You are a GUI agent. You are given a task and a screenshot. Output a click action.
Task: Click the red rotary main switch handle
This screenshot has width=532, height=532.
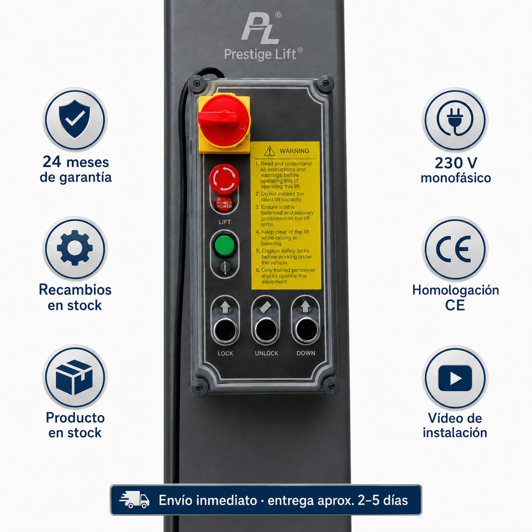[x=224, y=120]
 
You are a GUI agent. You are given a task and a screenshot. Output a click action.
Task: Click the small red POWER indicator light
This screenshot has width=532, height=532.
[x=224, y=204]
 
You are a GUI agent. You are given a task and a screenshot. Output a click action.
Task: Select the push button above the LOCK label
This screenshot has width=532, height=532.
[x=225, y=330]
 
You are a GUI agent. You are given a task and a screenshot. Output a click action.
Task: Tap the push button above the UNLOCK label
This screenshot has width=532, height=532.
[x=266, y=330]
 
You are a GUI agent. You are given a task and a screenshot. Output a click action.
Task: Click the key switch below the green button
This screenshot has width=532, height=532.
[x=225, y=267]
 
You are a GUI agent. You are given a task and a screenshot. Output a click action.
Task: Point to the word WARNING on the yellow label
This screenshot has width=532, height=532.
[x=294, y=151]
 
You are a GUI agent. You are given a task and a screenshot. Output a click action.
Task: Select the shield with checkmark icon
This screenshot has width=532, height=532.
[x=75, y=119]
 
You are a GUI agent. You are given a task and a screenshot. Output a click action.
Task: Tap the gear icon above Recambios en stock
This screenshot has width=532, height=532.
[x=75, y=248]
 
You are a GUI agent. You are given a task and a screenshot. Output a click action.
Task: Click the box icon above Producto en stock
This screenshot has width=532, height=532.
[x=74, y=378]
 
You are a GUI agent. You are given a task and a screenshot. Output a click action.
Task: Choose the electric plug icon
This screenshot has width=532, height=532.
[x=455, y=119]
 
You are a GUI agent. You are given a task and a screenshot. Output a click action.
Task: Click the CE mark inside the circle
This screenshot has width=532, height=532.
[x=454, y=249]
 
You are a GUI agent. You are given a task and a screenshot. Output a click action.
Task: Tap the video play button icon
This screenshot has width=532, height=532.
[x=455, y=378]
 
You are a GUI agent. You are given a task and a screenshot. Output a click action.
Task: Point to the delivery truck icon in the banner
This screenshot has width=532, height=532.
[x=134, y=500]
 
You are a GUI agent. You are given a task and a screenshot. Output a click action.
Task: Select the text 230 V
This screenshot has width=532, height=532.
[x=456, y=163]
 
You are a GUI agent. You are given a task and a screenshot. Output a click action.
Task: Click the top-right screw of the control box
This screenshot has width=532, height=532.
[x=326, y=83]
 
